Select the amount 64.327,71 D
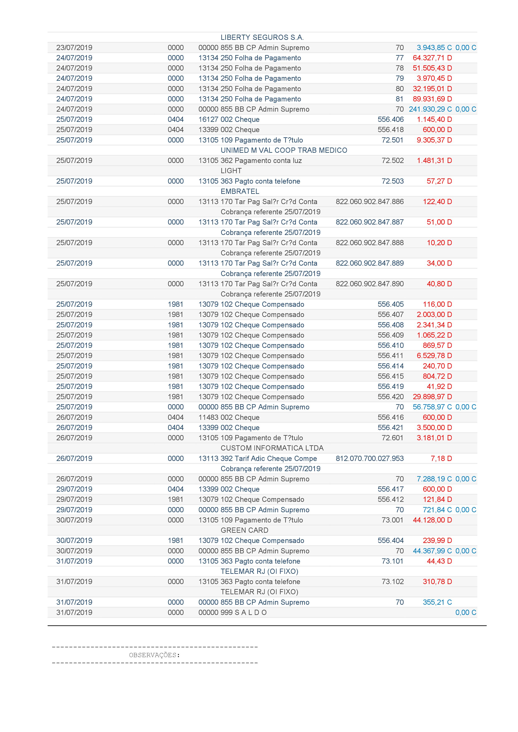point(432,58)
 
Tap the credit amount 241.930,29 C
point(430,109)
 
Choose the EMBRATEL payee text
point(240,191)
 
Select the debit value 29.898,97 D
point(432,397)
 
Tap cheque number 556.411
point(390,356)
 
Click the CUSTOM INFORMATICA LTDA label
point(272,448)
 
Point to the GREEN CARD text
point(244,530)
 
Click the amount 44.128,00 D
point(432,520)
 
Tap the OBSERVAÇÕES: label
point(154,655)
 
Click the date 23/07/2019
point(74,48)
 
